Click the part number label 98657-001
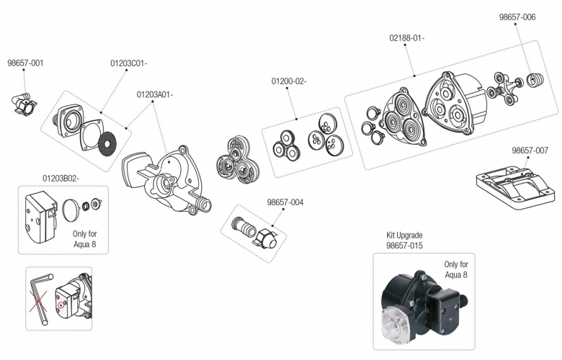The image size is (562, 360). click(25, 63)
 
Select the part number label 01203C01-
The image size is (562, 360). click(129, 63)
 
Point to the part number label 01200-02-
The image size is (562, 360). click(289, 81)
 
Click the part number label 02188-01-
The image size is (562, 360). click(406, 38)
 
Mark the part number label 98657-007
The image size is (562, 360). click(530, 150)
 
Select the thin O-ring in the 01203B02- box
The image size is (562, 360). click(69, 212)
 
